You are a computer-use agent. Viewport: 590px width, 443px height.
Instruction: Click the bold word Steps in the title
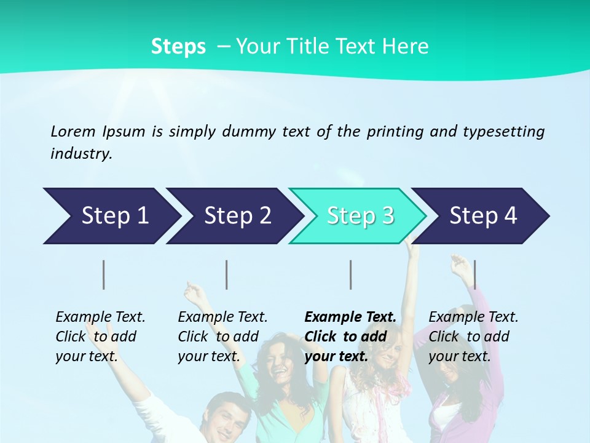(178, 46)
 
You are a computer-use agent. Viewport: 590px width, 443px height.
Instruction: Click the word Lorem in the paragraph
(73, 131)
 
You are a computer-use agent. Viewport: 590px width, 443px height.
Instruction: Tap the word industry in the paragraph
(81, 154)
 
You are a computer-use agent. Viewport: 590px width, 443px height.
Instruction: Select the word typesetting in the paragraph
(503, 131)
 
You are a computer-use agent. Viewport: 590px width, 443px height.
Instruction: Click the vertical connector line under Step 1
(104, 274)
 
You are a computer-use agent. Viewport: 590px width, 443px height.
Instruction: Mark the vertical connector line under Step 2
(227, 274)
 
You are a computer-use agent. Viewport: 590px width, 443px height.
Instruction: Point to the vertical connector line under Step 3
(351, 274)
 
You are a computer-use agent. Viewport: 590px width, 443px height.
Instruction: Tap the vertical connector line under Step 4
(474, 274)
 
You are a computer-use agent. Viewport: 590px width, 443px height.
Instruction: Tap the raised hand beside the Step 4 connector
(459, 266)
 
